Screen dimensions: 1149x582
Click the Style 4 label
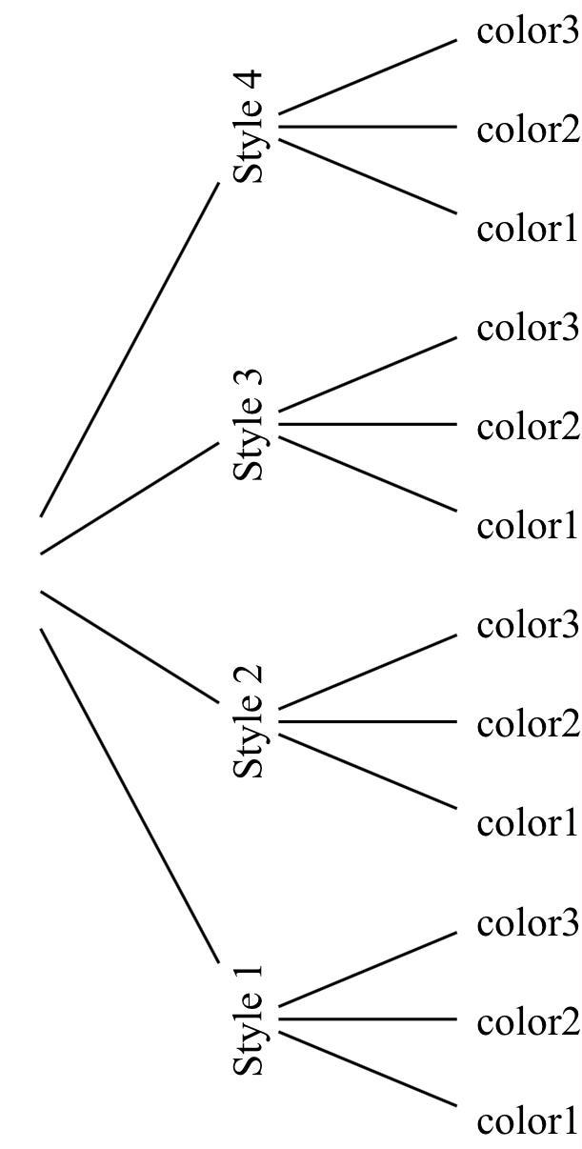point(249,127)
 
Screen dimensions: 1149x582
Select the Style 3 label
point(249,424)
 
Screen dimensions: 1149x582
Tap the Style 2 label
point(249,721)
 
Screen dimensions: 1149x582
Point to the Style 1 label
point(249,1019)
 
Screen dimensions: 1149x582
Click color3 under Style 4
point(528,31)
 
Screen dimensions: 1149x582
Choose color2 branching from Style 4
point(528,129)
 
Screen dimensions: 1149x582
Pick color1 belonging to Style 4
point(528,229)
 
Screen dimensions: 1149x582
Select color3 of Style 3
point(528,328)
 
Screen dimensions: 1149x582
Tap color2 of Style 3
point(528,426)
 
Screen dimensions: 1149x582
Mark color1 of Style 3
point(528,526)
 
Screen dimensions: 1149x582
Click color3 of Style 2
point(528,626)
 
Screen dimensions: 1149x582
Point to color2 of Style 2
point(528,724)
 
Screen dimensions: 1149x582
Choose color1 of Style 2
point(528,823)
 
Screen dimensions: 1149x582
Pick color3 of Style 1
point(528,923)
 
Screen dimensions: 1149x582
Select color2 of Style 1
point(528,1022)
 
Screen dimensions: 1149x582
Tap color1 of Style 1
point(528,1121)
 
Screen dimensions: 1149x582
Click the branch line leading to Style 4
point(130,350)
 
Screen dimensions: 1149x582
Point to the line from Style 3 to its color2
point(368,424)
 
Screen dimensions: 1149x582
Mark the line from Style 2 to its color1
point(368,771)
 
